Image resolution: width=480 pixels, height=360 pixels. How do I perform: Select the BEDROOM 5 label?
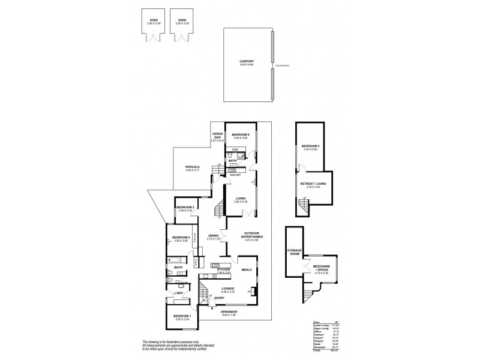coord(240,134)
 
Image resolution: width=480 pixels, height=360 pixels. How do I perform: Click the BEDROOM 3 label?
coord(185,208)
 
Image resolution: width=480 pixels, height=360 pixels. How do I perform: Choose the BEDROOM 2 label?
coord(181,238)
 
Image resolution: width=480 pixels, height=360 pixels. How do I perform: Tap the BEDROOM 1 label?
coord(182,316)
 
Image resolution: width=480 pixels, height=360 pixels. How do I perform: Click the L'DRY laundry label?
coord(178,292)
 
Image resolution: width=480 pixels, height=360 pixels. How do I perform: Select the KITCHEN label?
coord(224,269)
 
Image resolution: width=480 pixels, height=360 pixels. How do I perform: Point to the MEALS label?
coord(246,270)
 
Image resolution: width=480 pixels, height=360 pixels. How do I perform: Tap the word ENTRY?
coord(219,298)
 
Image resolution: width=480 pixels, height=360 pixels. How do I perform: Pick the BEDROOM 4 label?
coord(310,146)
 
